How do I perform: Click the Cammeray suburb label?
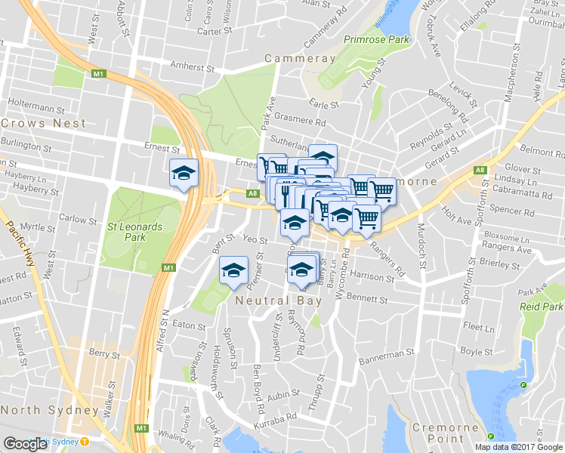(300, 58)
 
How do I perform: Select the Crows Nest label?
(44, 122)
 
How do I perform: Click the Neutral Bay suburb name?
(279, 300)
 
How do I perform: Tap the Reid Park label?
(542, 307)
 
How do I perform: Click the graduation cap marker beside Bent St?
(234, 271)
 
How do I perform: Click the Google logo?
(26, 444)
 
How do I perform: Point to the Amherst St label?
(193, 66)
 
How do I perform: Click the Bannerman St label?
(387, 353)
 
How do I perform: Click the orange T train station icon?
(85, 442)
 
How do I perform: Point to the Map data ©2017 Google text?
(518, 447)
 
